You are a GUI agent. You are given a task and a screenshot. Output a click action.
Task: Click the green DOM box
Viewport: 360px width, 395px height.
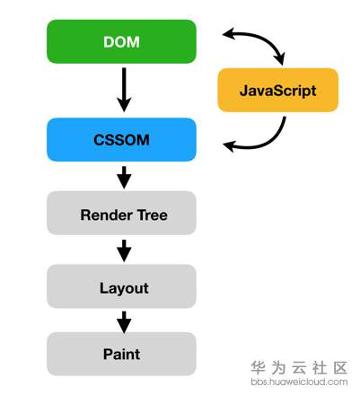[121, 41]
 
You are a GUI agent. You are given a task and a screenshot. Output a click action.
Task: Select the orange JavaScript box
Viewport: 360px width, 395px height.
[277, 91]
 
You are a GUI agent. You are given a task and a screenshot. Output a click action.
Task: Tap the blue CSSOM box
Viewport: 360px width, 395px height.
[121, 140]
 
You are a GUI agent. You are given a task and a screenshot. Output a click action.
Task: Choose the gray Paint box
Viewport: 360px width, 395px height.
[121, 354]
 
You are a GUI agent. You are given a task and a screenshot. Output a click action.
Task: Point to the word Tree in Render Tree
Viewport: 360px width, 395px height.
[150, 215]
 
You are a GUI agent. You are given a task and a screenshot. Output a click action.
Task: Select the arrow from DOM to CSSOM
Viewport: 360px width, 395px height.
[124, 90]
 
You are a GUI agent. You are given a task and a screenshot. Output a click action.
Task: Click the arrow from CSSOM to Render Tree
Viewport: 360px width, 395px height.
[124, 176]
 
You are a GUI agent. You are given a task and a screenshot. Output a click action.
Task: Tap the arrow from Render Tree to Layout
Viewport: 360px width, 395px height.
[124, 249]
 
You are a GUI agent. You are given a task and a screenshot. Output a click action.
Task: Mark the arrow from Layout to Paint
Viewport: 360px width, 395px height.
[124, 320]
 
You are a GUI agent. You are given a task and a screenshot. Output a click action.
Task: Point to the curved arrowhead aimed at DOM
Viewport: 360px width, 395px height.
[229, 35]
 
